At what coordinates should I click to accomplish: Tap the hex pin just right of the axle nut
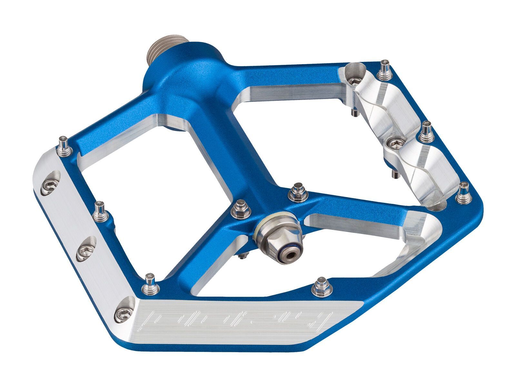(x=295, y=190)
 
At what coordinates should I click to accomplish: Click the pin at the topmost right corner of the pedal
(x=385, y=66)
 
